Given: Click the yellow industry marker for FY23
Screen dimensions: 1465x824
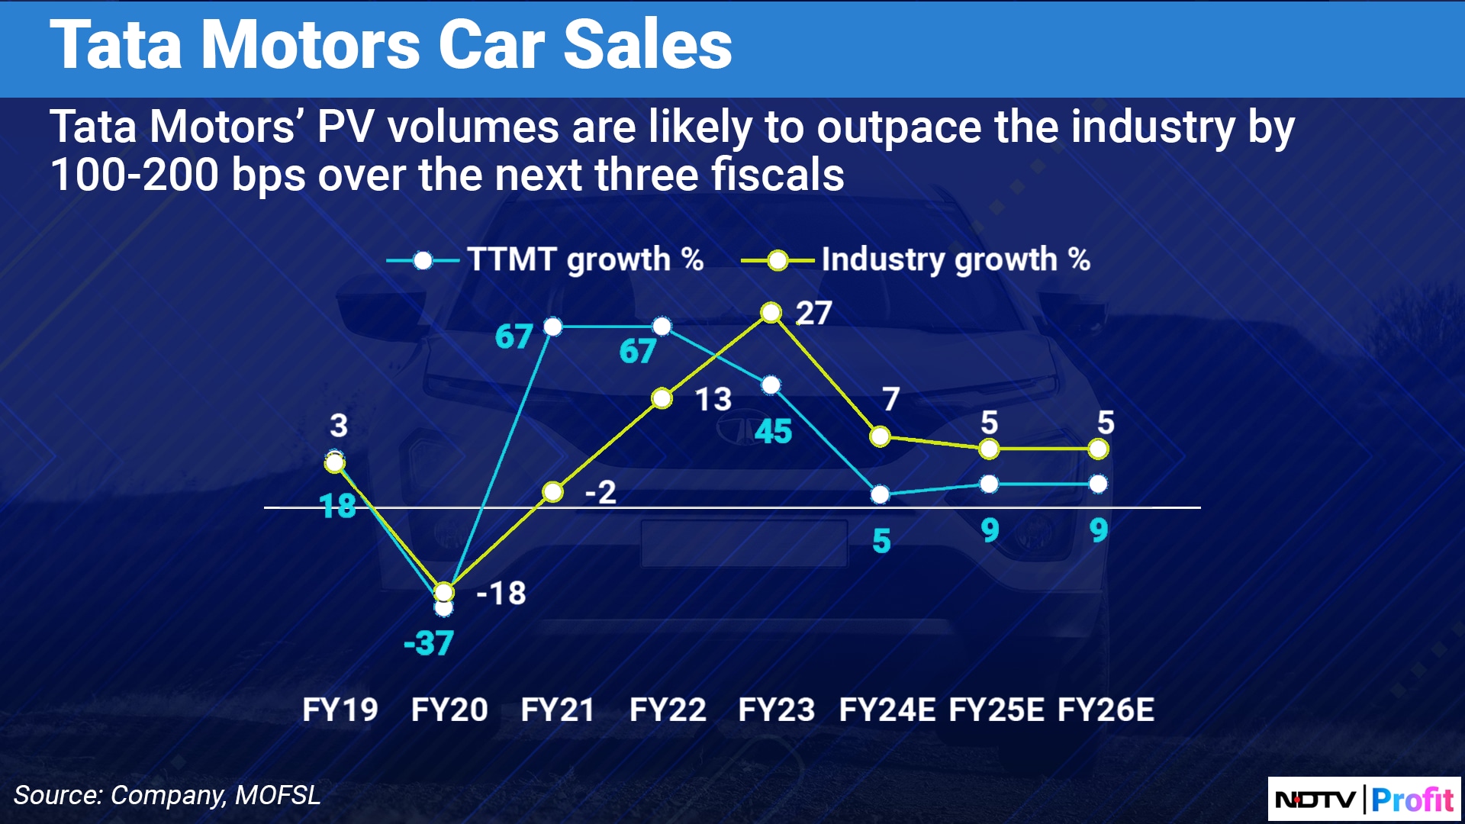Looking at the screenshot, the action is [771, 313].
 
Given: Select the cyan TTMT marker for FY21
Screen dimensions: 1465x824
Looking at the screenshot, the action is [553, 327].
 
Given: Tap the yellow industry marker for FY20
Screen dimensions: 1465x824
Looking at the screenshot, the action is [444, 592].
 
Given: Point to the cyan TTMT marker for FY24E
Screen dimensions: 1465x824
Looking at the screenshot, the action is [880, 494].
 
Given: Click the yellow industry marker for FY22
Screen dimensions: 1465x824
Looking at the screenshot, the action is [662, 398].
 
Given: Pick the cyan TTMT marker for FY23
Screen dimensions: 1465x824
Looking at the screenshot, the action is [771, 385].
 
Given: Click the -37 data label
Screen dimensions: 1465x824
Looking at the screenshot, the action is [429, 643].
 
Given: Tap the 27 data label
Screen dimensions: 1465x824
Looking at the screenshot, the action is [813, 313].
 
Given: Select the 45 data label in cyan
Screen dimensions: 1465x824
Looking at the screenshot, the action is [773, 432].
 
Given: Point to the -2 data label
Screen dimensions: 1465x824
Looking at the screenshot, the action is [600, 492].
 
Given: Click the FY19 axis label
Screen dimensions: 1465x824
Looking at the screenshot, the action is [340, 710].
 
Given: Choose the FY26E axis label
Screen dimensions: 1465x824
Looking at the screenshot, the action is [1106, 710].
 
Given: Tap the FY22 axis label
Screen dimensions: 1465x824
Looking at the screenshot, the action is [668, 710].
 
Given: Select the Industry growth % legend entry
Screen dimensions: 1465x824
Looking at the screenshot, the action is [916, 260].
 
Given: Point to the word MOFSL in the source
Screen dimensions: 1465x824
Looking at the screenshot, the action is [278, 795].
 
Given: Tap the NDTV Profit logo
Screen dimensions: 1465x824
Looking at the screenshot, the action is [1364, 799].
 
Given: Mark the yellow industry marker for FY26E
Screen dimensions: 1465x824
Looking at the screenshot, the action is [1098, 449].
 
